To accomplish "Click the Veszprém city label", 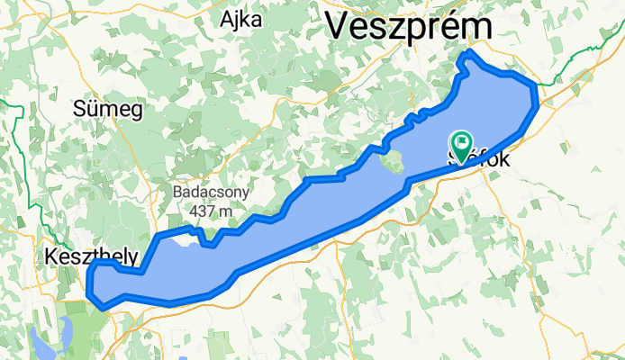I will pyautogui.click(x=408, y=26).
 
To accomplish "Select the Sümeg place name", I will pyautogui.click(x=108, y=110).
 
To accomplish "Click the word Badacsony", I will pyautogui.click(x=212, y=193).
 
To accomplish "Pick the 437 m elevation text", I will pyautogui.click(x=212, y=210).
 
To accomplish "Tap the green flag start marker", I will pyautogui.click(x=462, y=144).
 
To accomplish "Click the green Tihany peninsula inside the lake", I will pyautogui.click(x=393, y=163).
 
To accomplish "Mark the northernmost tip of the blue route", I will pyautogui.click(x=467, y=57).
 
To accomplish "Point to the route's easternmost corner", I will pyautogui.click(x=538, y=88).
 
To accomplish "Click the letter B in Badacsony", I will pyautogui.click(x=178, y=193).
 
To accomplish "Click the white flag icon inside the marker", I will pyautogui.click(x=463, y=140).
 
